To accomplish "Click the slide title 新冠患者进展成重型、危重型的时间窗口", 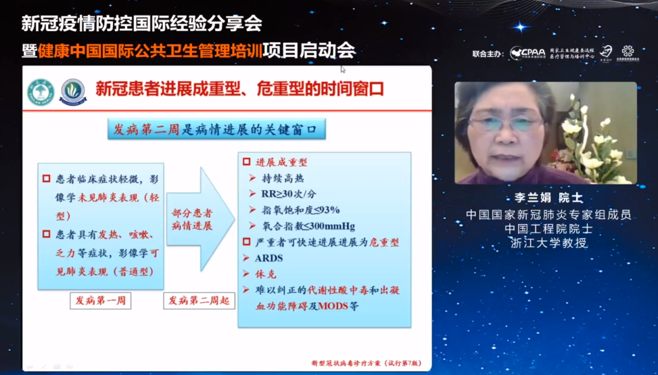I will point(239,89).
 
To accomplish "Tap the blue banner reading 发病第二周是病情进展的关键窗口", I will point(216,129).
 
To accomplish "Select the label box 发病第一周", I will point(100,300).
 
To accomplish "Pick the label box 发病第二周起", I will point(199,300).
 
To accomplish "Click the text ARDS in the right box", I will point(269,258).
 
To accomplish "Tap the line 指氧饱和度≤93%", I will point(300,210).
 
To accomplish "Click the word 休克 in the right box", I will point(268,273).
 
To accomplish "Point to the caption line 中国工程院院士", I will point(548,229).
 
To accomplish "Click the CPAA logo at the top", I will point(526,53).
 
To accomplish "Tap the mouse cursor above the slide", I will point(343,68).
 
